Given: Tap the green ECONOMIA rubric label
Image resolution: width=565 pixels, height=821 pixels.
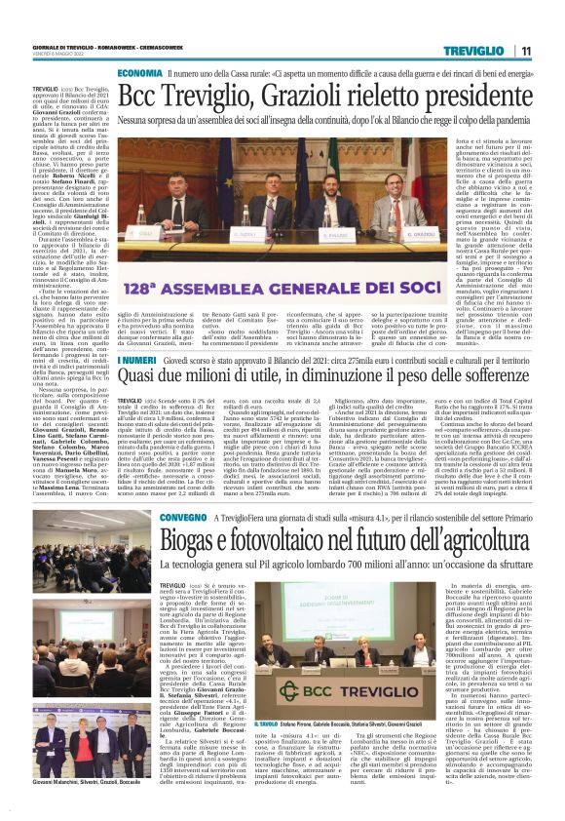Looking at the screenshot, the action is click(x=140, y=73).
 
